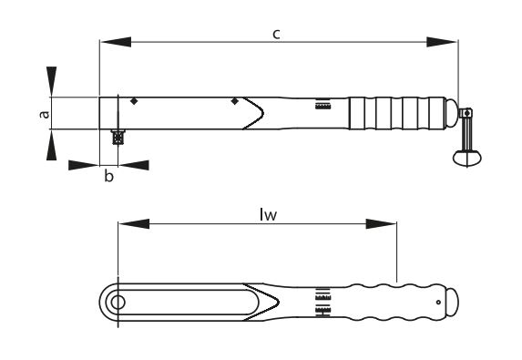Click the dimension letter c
[x=276, y=35]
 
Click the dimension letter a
[x=45, y=114]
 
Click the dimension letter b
[x=108, y=176]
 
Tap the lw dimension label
[x=269, y=215]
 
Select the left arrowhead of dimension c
[x=116, y=42]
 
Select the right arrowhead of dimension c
[x=442, y=42]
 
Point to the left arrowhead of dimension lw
[x=134, y=224]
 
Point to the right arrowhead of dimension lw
[x=381, y=224]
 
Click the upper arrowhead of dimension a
[x=51, y=82]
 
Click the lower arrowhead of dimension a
[x=51, y=145]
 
